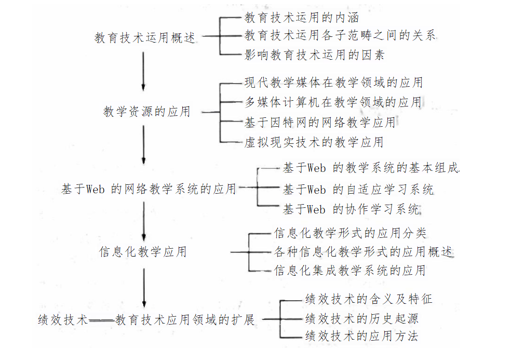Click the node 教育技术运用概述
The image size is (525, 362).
[145, 38]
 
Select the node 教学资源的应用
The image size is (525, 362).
[146, 112]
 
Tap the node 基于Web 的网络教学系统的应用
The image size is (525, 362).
[149, 189]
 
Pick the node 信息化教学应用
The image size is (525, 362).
[143, 252]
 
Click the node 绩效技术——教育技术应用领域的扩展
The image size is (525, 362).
[146, 319]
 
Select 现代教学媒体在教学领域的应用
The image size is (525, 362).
[333, 82]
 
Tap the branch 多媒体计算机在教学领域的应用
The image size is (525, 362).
[333, 102]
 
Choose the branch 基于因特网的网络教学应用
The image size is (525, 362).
[320, 123]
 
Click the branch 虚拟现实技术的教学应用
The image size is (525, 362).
[314, 142]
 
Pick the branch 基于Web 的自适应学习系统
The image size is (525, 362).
[358, 189]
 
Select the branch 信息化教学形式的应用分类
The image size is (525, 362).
[350, 233]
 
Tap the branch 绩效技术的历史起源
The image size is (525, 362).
[362, 318]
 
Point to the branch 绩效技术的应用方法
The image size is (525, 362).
[362, 336]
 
